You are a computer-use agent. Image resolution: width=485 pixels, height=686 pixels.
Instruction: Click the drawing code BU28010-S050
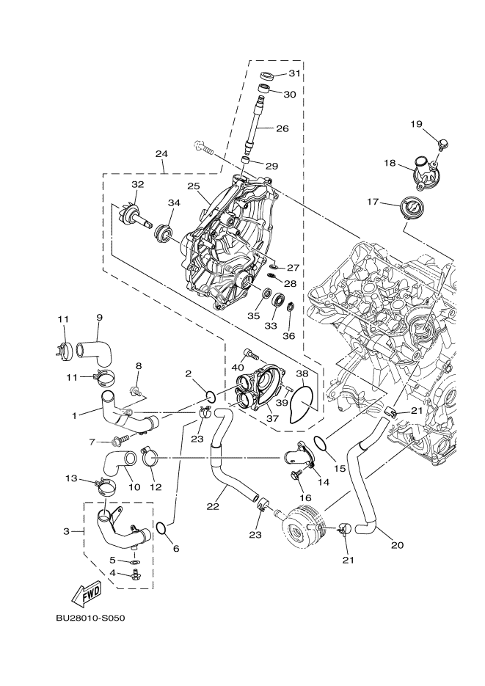pyautogui.click(x=90, y=619)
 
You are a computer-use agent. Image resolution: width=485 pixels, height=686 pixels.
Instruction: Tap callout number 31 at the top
pyautogui.click(x=294, y=73)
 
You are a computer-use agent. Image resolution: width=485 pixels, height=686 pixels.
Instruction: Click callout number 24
pyautogui.click(x=161, y=154)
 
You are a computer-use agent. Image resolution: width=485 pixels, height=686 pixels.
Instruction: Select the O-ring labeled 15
pyautogui.click(x=321, y=442)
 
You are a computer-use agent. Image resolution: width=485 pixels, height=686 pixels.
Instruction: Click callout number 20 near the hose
pyautogui.click(x=398, y=545)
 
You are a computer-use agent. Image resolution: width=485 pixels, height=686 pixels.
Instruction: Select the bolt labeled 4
pyautogui.click(x=134, y=574)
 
